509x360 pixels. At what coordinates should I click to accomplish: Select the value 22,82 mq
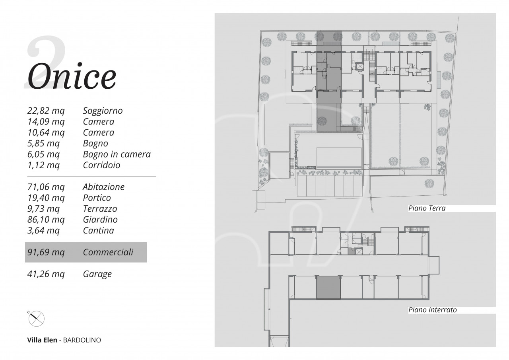pos(46,111)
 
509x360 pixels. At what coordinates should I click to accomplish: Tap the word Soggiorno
pos(103,111)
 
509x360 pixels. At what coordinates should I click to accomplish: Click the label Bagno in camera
pos(117,154)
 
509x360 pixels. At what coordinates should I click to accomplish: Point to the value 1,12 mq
pos(43,165)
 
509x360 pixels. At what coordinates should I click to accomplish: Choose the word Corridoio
pos(101,165)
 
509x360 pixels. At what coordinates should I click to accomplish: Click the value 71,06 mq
pos(46,187)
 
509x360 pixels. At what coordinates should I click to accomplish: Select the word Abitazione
pos(104,187)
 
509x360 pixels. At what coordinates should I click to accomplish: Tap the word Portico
pos(97,198)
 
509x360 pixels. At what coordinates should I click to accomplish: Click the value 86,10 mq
pos(46,220)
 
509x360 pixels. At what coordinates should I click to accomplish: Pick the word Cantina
pos(98,230)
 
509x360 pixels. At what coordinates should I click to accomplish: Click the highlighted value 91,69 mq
pos(46,252)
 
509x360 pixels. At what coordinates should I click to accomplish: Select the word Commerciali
pos(108,252)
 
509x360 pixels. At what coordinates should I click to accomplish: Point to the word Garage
pos(97,274)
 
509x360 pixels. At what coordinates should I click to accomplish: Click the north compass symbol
pos(36,318)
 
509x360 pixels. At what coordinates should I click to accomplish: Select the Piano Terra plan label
pos(427,208)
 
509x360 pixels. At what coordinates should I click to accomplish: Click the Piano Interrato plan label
pos(433,310)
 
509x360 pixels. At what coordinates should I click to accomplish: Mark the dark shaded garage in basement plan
pos(328,288)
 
